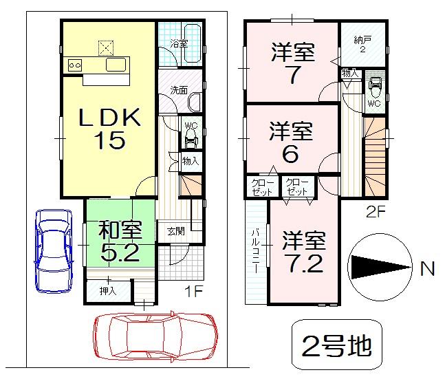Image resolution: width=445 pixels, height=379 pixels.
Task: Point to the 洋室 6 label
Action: pos(291,142)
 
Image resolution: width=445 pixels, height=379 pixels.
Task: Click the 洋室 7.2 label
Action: pos(303,252)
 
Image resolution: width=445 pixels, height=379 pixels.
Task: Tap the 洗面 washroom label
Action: pos(180,89)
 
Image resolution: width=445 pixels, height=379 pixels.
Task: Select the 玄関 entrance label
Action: pos(175,231)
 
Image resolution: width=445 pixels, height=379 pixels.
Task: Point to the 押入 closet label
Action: pos(109,291)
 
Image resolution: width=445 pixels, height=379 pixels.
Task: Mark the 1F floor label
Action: pos(195,292)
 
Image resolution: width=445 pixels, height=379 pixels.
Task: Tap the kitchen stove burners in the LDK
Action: pos(75,65)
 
